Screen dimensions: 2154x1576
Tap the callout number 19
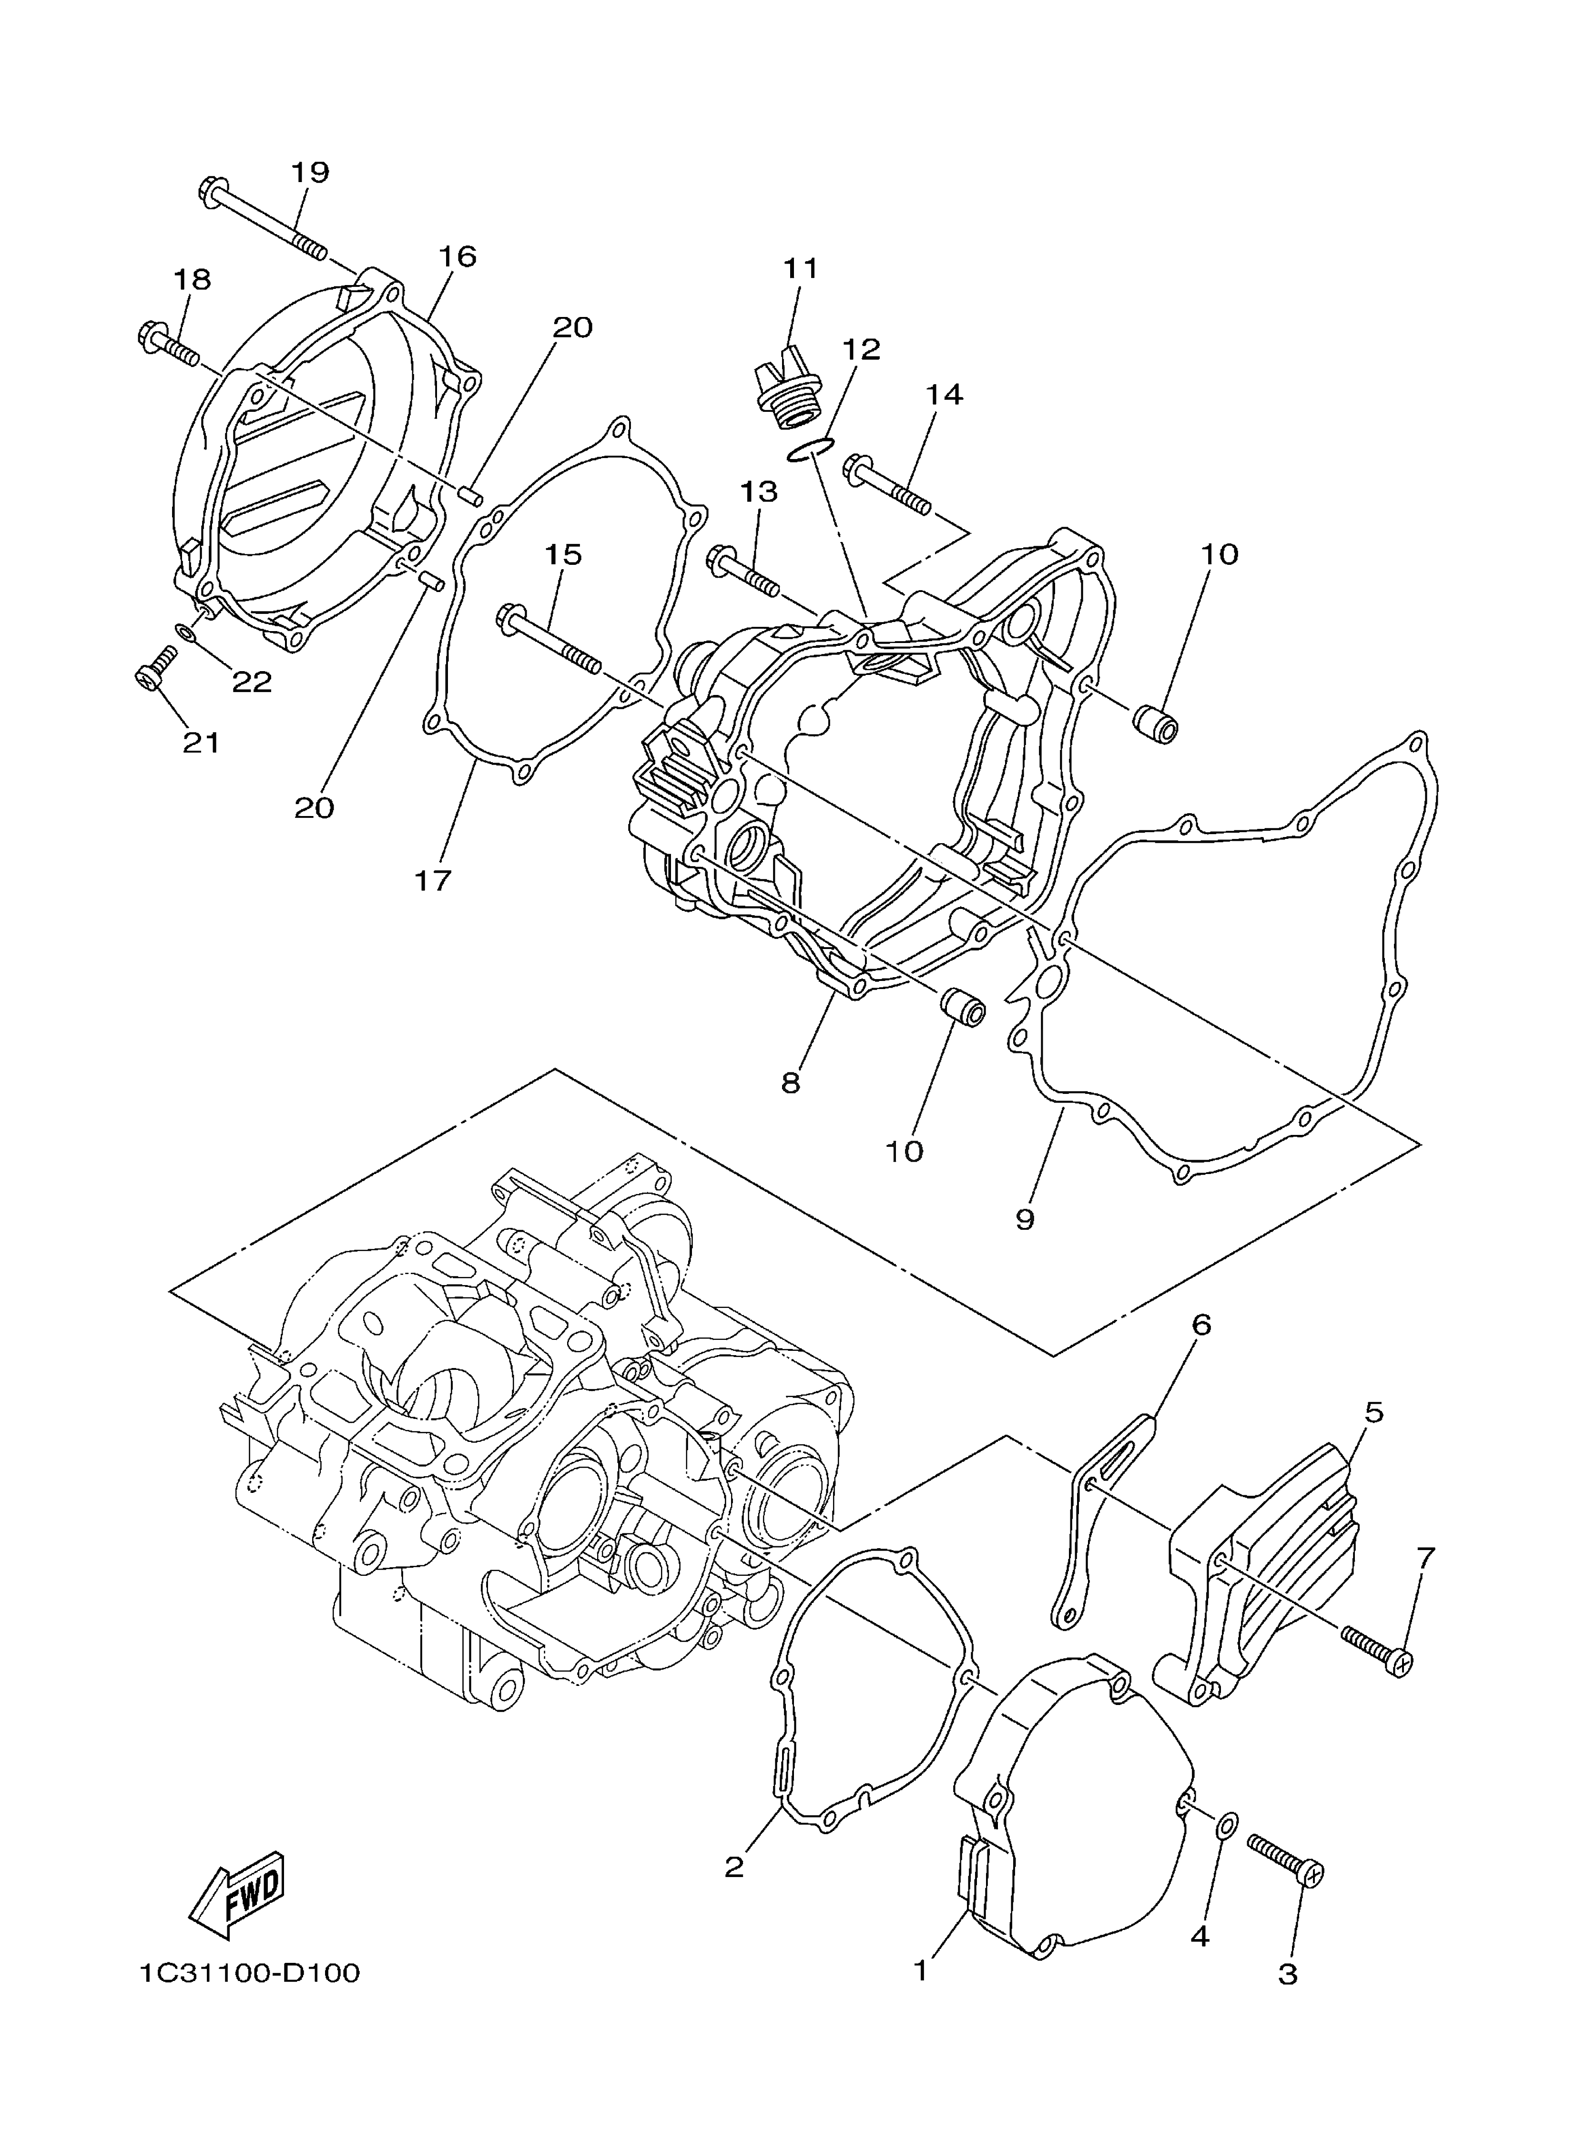coord(310,173)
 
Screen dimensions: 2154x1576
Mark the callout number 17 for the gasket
coord(432,879)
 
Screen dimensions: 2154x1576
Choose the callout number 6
coord(1201,1324)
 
